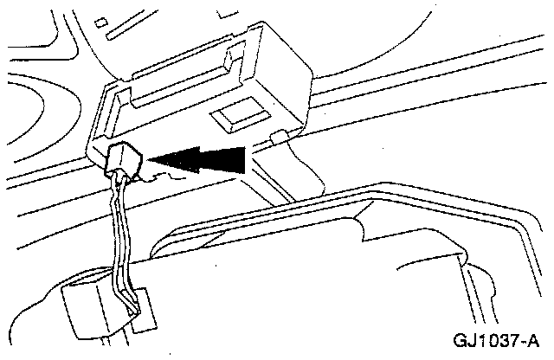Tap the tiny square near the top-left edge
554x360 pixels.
click(102, 22)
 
